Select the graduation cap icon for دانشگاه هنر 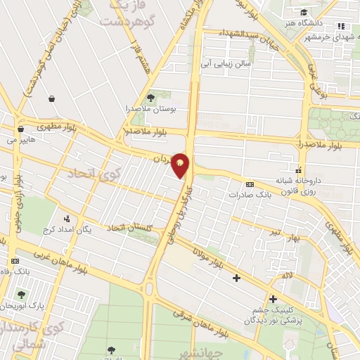point(302,13)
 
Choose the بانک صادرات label point(249,193)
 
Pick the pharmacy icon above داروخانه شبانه point(300,170)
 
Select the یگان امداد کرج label point(67,230)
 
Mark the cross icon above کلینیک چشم point(273,299)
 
